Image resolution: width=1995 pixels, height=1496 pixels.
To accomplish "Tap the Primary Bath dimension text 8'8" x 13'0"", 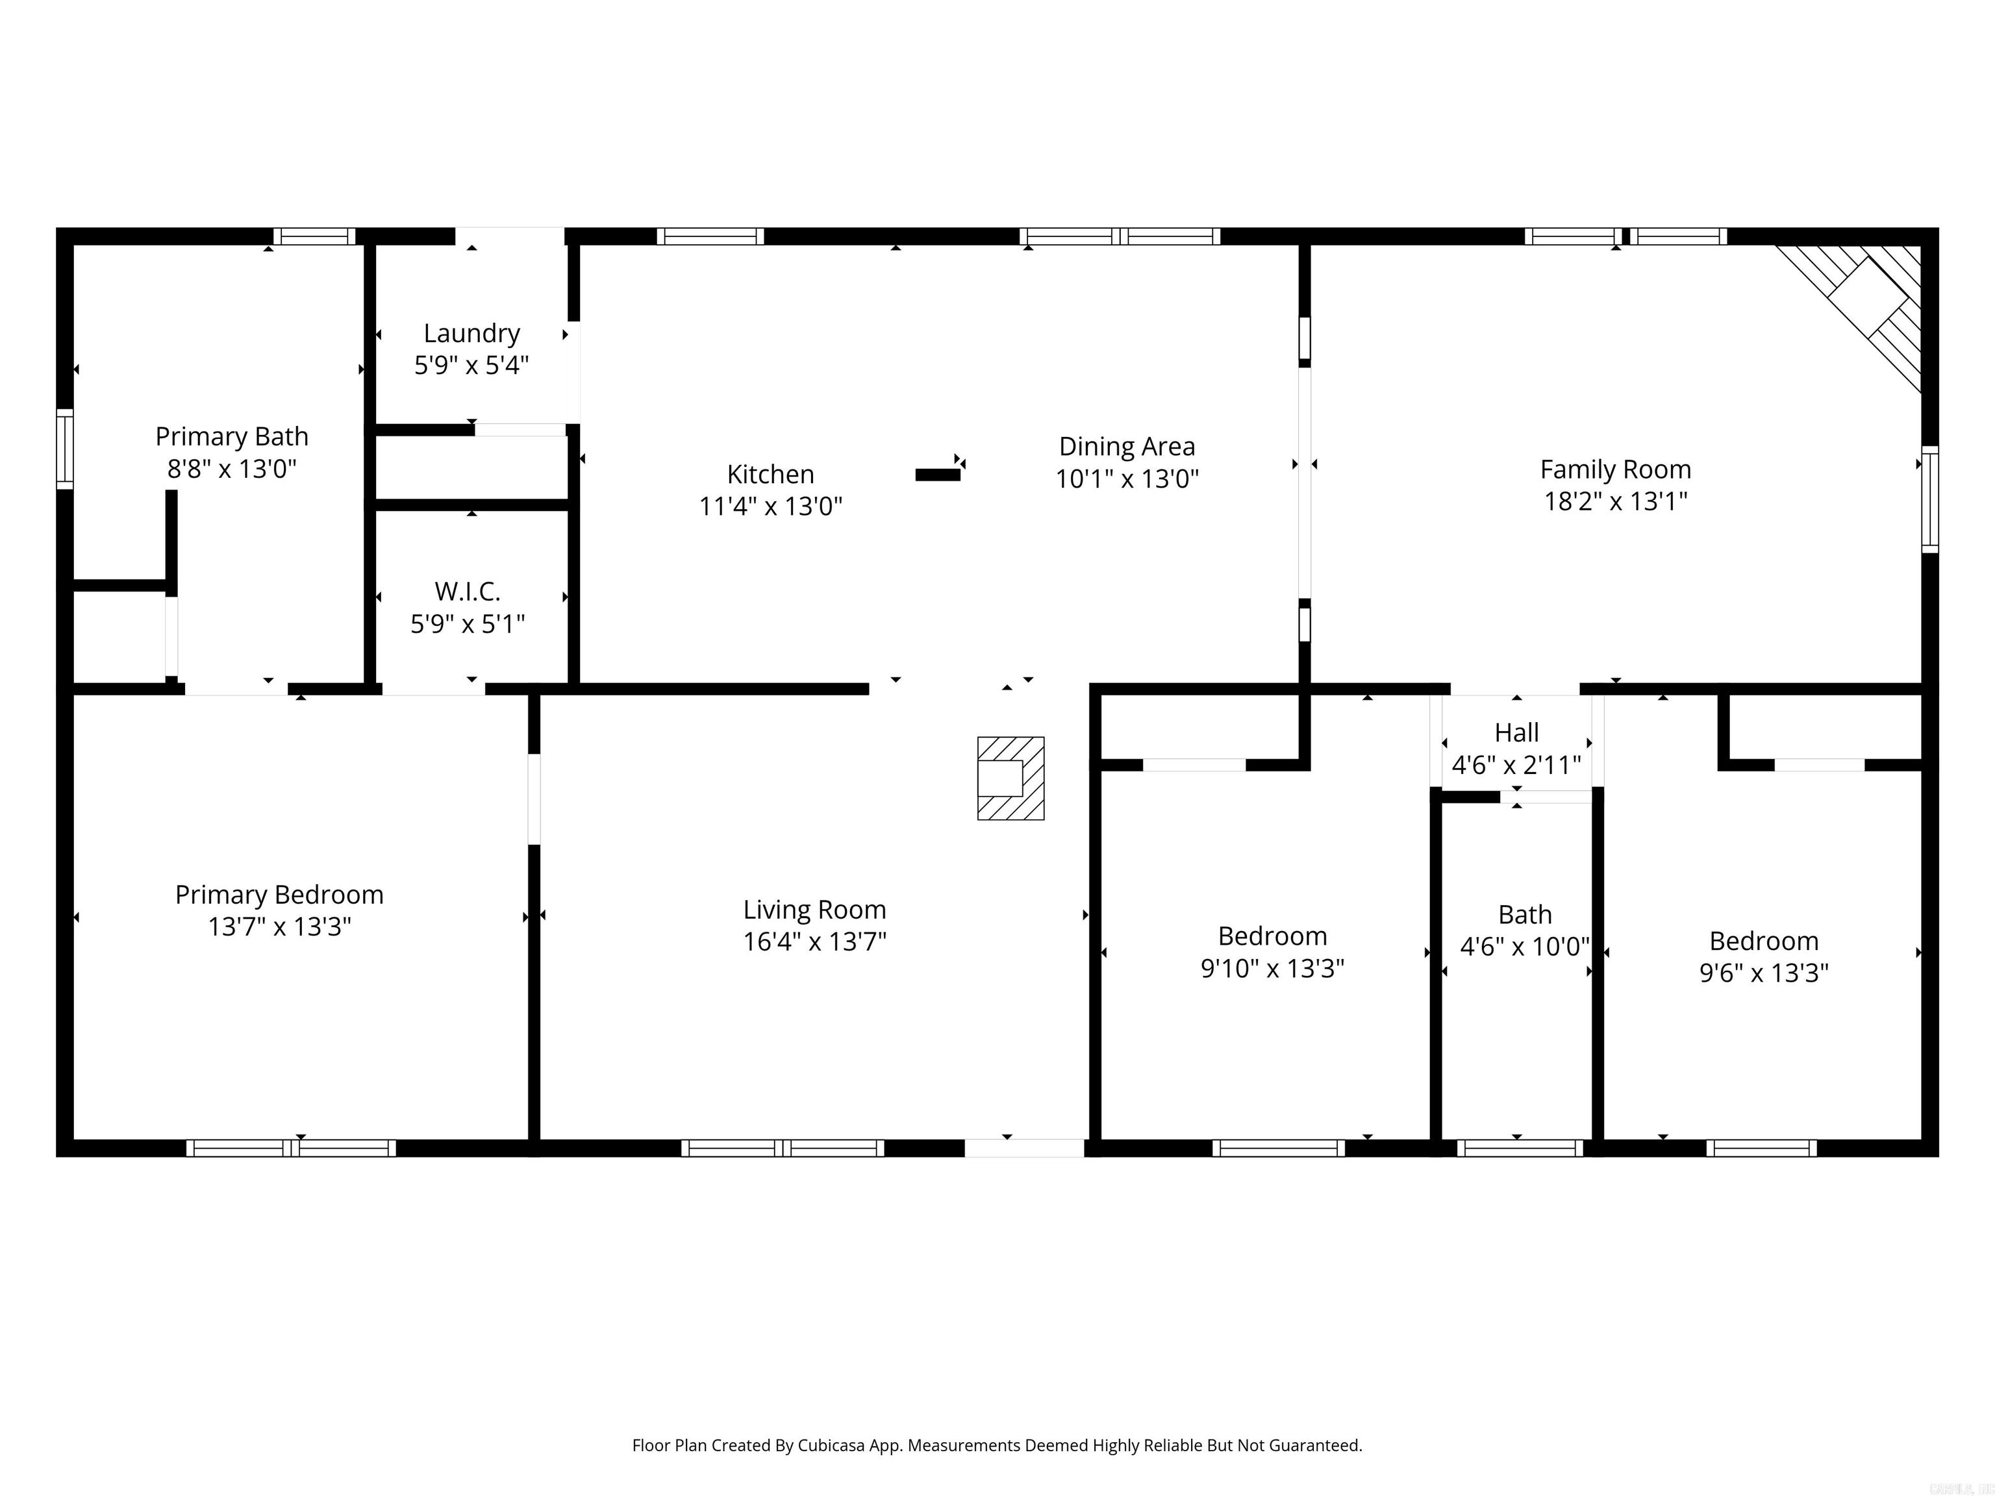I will pyautogui.click(x=232, y=469).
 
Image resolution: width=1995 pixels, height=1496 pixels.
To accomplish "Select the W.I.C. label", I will pyautogui.click(x=467, y=592).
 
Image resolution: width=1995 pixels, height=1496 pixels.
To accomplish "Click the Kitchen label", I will pyautogui.click(x=770, y=475).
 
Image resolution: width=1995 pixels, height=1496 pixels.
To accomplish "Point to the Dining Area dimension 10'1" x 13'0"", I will pyautogui.click(x=1127, y=479).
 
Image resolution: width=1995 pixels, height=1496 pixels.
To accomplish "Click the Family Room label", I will pyautogui.click(x=1614, y=470).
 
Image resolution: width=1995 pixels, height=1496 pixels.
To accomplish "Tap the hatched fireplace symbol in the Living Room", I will pyautogui.click(x=1010, y=779).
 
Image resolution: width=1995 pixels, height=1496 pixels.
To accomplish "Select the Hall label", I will pyautogui.click(x=1516, y=732).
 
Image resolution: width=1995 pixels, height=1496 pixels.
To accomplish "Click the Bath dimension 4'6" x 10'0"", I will pyautogui.click(x=1524, y=947).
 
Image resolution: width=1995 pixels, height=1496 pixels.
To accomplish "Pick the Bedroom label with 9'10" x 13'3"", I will pyautogui.click(x=1272, y=936).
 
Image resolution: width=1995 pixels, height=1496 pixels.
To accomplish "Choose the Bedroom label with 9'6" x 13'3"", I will pyautogui.click(x=1763, y=941).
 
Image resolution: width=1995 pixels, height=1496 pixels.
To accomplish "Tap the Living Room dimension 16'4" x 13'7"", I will pyautogui.click(x=814, y=942).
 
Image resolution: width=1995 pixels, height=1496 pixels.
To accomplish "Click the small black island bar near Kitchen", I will pyautogui.click(x=937, y=475).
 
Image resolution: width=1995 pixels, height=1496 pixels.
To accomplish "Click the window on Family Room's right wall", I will pyautogui.click(x=1929, y=499).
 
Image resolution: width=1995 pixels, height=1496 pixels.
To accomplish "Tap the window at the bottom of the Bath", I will pyautogui.click(x=1519, y=1148).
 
